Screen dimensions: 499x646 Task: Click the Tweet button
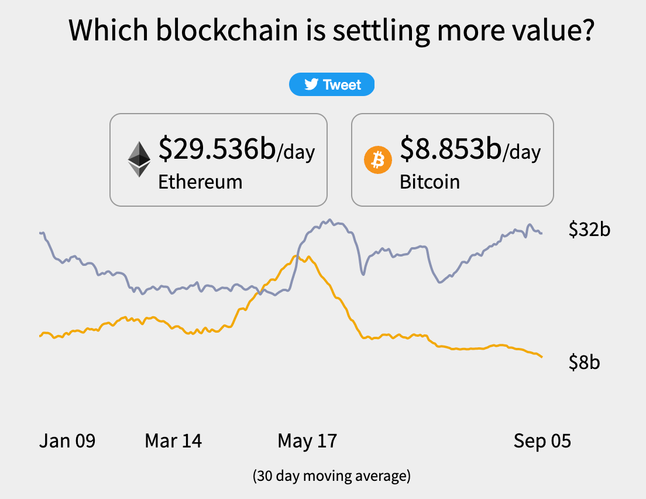(332, 85)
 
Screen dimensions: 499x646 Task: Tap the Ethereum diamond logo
(139, 159)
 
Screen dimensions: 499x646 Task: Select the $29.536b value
(217, 149)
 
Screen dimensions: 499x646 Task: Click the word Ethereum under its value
(200, 182)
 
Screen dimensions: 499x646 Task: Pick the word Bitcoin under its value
(429, 182)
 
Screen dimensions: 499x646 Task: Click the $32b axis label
(589, 229)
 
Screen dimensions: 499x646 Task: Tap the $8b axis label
(584, 362)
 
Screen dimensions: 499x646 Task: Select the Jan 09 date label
(67, 440)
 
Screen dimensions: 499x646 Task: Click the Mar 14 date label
(173, 440)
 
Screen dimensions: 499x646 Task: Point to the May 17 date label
(307, 440)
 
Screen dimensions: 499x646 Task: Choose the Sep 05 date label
(542, 440)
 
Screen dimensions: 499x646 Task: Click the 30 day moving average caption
(332, 476)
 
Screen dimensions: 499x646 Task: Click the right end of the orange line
(542, 357)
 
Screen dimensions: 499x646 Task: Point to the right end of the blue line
(541, 233)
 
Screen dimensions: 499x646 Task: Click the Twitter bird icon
(311, 85)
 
